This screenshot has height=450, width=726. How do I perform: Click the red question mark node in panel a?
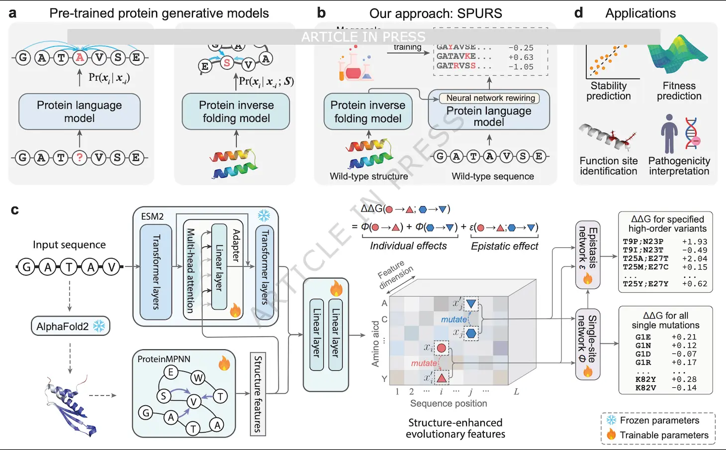[x=80, y=158]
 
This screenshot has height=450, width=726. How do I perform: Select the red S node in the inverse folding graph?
[x=227, y=63]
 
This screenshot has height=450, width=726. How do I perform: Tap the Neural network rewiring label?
[x=490, y=98]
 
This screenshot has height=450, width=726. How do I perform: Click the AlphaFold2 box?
[x=70, y=327]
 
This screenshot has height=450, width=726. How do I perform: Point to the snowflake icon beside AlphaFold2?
[x=99, y=326]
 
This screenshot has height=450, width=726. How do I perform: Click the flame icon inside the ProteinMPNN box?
[x=224, y=363]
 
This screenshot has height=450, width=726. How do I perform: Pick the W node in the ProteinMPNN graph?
[x=198, y=378]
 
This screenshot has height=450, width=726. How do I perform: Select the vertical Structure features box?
[x=258, y=394]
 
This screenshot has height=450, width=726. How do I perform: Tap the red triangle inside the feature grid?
[x=442, y=378]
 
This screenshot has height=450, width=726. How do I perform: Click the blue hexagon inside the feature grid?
[x=471, y=333]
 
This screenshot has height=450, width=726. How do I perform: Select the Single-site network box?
[x=588, y=344]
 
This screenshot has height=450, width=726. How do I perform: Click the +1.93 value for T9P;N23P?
[x=695, y=242]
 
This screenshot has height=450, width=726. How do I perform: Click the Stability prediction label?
[x=609, y=91]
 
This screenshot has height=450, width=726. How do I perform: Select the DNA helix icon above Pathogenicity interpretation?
[x=692, y=134]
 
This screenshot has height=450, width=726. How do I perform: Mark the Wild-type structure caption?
[x=368, y=176]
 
